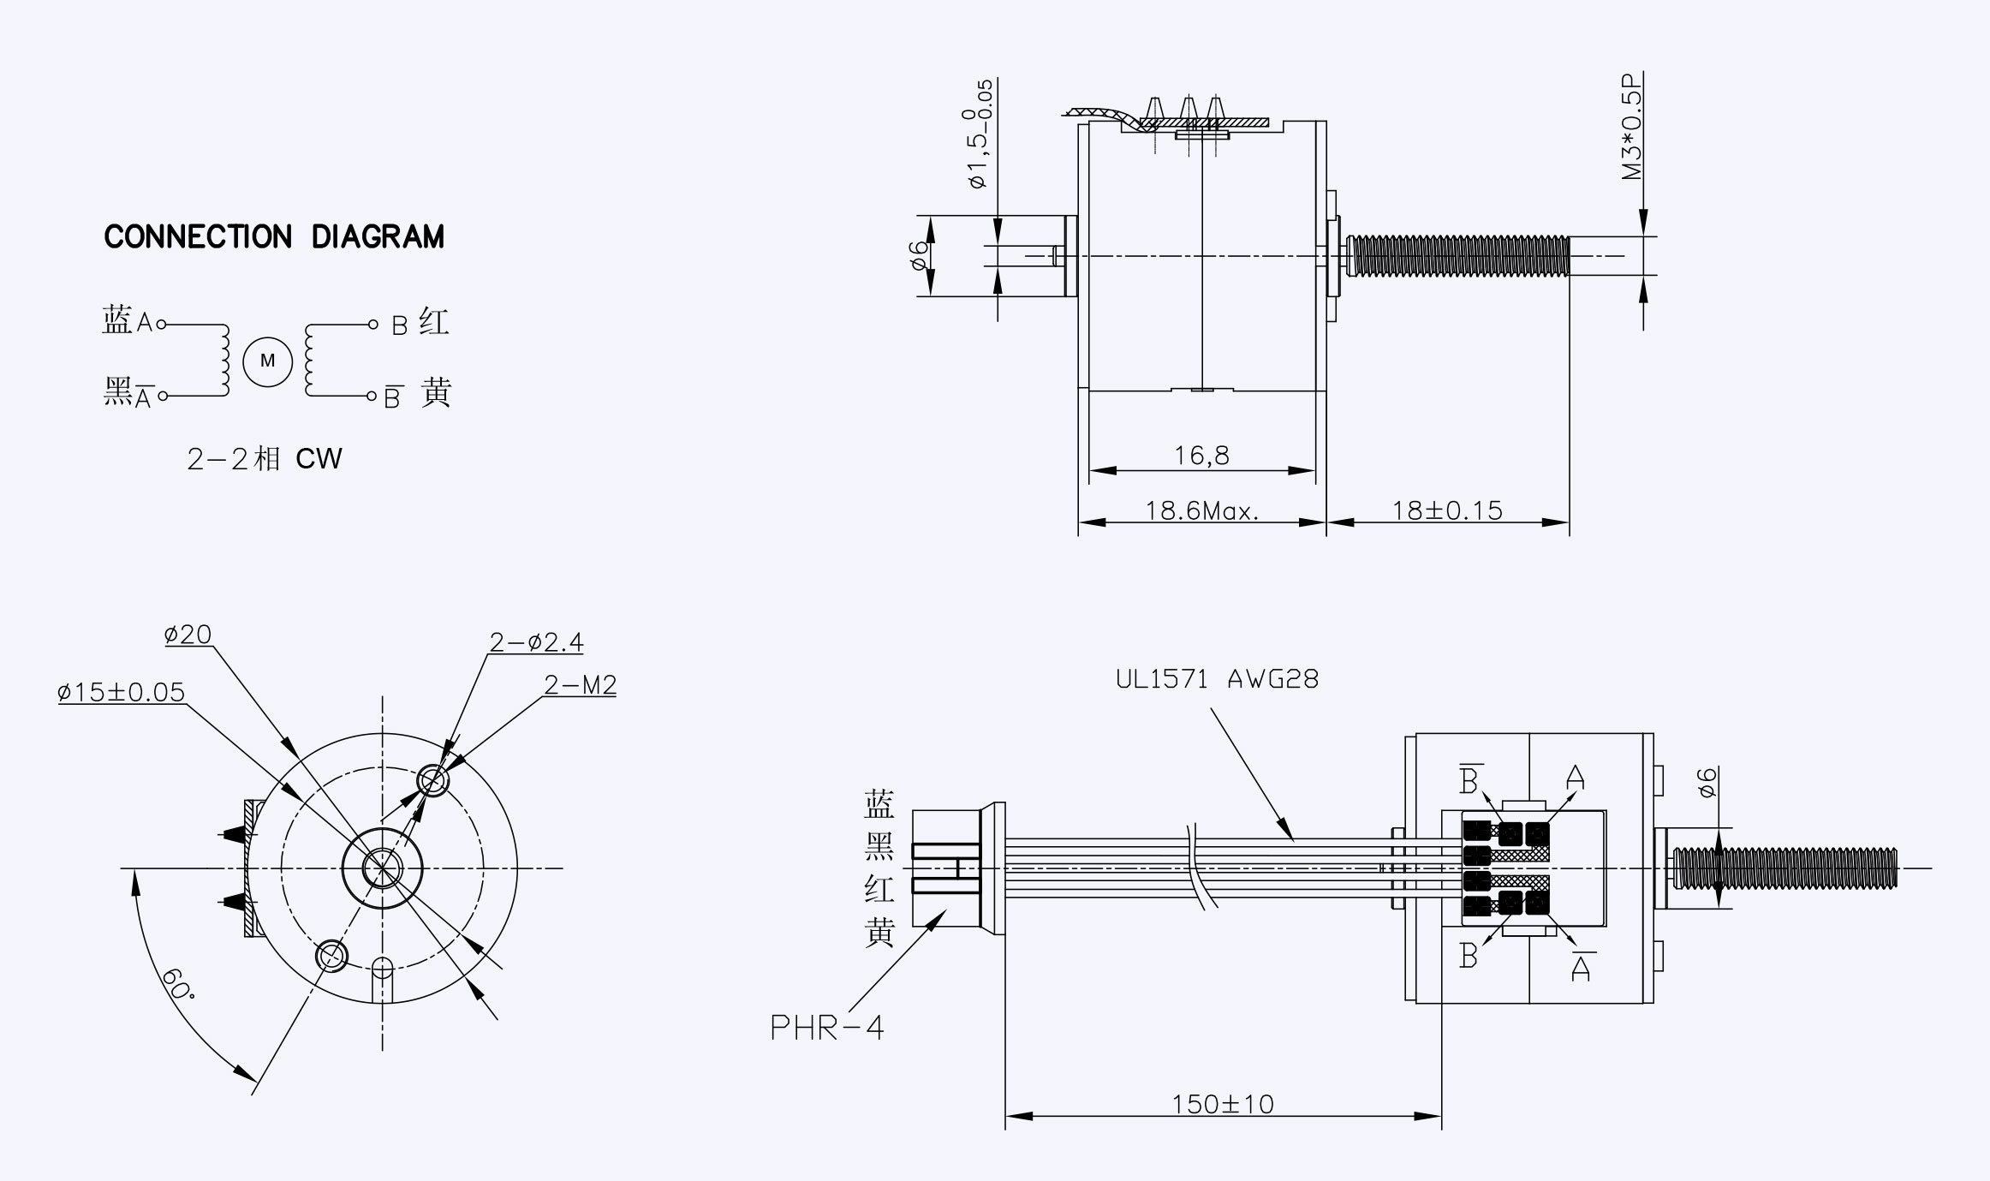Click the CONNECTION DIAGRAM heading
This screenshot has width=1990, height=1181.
(x=274, y=237)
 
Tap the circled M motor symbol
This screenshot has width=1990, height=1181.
(x=267, y=361)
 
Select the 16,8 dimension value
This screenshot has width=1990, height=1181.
(x=1201, y=456)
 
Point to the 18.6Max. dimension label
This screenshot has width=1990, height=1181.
(x=1202, y=511)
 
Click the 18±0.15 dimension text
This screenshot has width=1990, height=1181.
(x=1447, y=511)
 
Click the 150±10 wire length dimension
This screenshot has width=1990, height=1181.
(x=1223, y=1104)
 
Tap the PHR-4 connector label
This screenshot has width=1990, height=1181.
(x=826, y=1027)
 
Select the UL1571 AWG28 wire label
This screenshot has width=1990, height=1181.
(x=1217, y=680)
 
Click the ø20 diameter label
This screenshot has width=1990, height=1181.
(x=188, y=635)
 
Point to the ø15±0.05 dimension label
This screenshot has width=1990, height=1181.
(x=121, y=692)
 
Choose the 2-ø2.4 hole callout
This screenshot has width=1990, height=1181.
(x=536, y=642)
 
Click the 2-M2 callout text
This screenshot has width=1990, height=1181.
(x=580, y=685)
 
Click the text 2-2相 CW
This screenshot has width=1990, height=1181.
(x=264, y=459)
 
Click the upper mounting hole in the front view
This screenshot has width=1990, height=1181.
(x=432, y=781)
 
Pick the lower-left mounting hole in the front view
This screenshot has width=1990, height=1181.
(x=331, y=954)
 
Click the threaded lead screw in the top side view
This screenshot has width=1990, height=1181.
(x=1457, y=256)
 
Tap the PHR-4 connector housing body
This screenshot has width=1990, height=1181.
(x=946, y=868)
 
